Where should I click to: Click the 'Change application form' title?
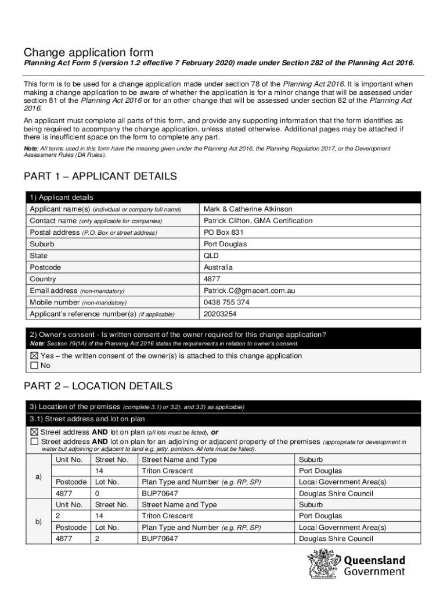[88, 53]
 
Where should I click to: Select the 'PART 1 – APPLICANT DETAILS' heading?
[100, 176]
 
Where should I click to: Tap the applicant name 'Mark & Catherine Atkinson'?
[248, 209]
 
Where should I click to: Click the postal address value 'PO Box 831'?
[220, 232]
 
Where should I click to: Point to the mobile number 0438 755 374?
[227, 302]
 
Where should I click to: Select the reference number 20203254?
[221, 314]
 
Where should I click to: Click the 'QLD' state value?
[211, 256]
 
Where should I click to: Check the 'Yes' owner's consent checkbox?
[34, 356]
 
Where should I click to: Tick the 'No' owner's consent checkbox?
[34, 365]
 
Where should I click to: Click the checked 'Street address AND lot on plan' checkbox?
[34, 432]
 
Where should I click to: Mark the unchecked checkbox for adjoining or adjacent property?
[34, 442]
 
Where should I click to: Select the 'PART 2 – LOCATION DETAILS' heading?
[98, 386]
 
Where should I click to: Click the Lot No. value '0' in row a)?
[98, 493]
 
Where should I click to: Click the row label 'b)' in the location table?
[38, 522]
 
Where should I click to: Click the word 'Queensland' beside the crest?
[374, 561]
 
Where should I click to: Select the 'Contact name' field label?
[53, 221]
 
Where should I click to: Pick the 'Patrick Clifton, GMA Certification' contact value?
[258, 221]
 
